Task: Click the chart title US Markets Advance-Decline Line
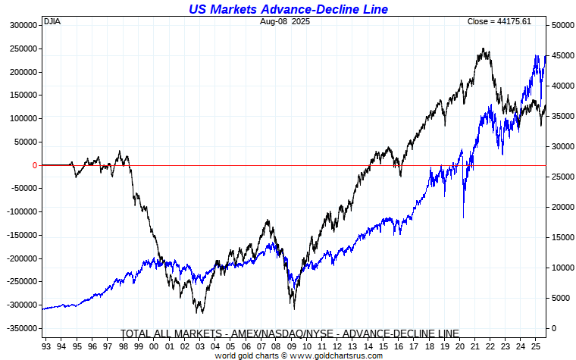pos(287,9)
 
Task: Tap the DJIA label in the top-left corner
pos(52,21)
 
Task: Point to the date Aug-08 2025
pos(284,21)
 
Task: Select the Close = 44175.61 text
pos(499,21)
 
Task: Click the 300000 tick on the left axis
pos(22,25)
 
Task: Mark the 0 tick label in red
pos(34,165)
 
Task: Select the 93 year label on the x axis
pos(47,346)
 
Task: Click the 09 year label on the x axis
pos(295,346)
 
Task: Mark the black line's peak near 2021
pos(483,49)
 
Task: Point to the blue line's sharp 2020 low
pos(463,218)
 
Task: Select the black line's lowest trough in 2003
pos(200,312)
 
